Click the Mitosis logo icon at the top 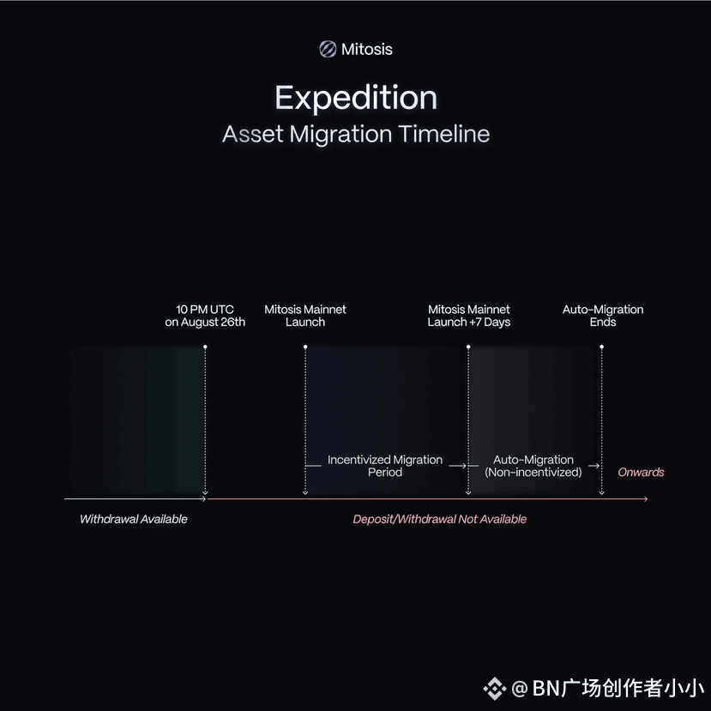pyautogui.click(x=328, y=49)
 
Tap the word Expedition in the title pyautogui.click(x=356, y=98)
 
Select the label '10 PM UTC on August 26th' pyautogui.click(x=205, y=316)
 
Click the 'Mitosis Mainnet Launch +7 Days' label pyautogui.click(x=469, y=316)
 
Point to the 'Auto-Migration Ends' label pyautogui.click(x=603, y=316)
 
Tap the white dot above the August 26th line pyautogui.click(x=206, y=346)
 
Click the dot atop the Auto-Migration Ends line pyautogui.click(x=602, y=346)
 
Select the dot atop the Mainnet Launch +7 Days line pyautogui.click(x=468, y=346)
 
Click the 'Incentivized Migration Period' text pyautogui.click(x=385, y=466)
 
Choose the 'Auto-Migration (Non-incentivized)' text pyautogui.click(x=533, y=466)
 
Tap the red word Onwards pyautogui.click(x=641, y=472)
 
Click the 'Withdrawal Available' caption pyautogui.click(x=133, y=519)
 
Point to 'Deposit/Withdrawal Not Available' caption pyautogui.click(x=439, y=519)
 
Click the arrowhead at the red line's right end pyautogui.click(x=646, y=499)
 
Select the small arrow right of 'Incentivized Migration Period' pyautogui.click(x=457, y=466)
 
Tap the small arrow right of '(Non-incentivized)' pyautogui.click(x=594, y=466)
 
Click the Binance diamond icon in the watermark pyautogui.click(x=495, y=689)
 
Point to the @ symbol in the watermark pyautogui.click(x=520, y=689)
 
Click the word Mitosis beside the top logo pyautogui.click(x=367, y=49)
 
